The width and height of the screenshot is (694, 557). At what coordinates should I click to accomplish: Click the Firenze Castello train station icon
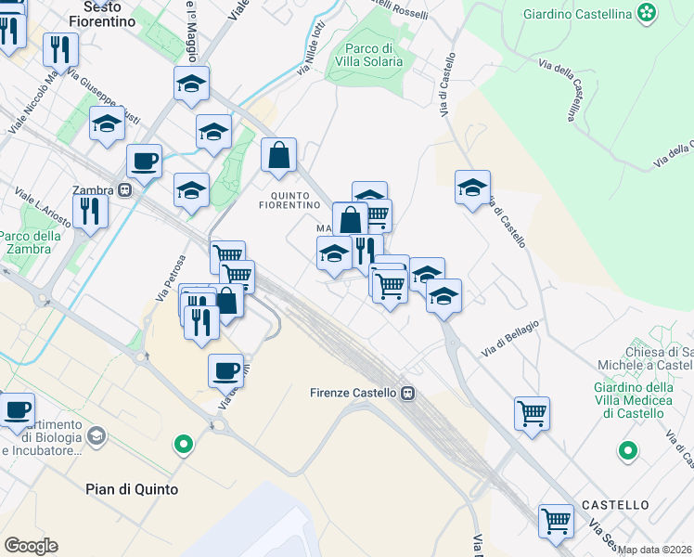406,393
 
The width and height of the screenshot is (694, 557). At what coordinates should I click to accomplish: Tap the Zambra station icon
123,190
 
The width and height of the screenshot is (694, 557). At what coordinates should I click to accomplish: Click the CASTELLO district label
615,505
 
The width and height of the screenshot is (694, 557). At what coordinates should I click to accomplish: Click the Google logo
31,545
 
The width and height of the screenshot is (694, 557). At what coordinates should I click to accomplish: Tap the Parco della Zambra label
30,242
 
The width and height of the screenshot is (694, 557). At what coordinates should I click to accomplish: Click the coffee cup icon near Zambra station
144,161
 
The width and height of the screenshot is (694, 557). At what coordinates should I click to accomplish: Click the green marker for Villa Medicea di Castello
628,451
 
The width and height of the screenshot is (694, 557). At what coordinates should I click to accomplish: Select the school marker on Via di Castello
472,188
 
